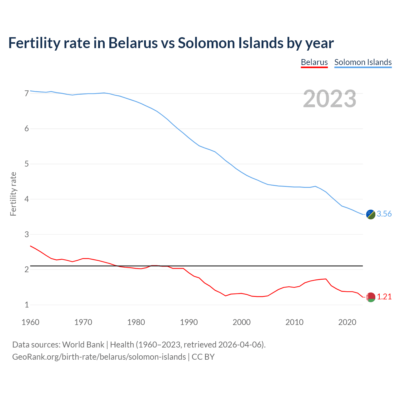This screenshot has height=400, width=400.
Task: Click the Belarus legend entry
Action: pos(314,62)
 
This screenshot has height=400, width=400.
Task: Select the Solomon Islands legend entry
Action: pos(363,62)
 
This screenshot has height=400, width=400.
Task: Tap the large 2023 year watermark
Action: pos(330,99)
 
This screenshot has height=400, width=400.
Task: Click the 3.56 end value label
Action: pos(384,214)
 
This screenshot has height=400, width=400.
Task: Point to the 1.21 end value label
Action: pos(384,297)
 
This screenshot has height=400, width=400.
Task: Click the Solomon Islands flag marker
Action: pos(371,214)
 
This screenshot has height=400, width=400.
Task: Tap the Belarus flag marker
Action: pos(371,297)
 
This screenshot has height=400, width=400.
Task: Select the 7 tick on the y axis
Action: pos(27,93)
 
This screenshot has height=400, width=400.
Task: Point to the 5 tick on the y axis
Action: pos(27,164)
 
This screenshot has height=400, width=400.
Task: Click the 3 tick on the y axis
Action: pos(27,234)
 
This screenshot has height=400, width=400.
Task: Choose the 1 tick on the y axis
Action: pos(27,305)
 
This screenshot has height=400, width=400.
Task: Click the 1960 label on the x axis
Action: pos(30,322)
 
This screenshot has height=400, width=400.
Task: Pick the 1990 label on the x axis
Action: pos(189,322)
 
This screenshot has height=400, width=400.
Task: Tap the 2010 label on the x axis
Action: pos(294,322)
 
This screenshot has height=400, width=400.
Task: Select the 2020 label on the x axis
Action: pos(347,322)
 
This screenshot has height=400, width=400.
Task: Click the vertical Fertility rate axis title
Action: pos(13,194)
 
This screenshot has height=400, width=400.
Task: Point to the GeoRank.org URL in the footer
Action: pos(99,357)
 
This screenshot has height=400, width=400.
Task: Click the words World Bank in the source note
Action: pos(83,345)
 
